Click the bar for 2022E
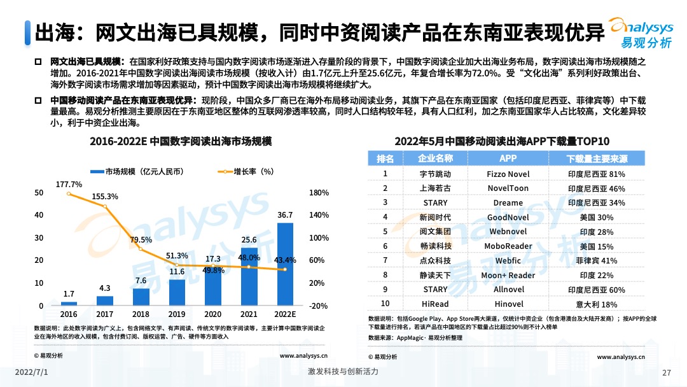point(285,264)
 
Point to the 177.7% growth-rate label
point(69,185)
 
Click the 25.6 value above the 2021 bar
point(249,239)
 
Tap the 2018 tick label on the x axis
point(141,314)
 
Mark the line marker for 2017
point(105,207)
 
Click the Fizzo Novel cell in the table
point(508,174)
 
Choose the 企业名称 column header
point(435,158)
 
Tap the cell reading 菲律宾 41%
point(596,261)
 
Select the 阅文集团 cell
point(435,232)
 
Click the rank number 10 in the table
point(385,304)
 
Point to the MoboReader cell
point(508,246)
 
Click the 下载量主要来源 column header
point(596,158)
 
